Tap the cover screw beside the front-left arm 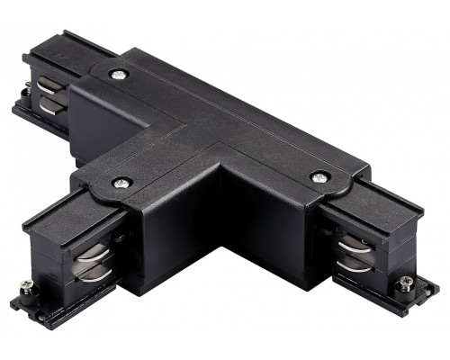click(x=120, y=183)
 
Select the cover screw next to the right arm click(x=317, y=177)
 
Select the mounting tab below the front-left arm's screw click(x=36, y=297)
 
